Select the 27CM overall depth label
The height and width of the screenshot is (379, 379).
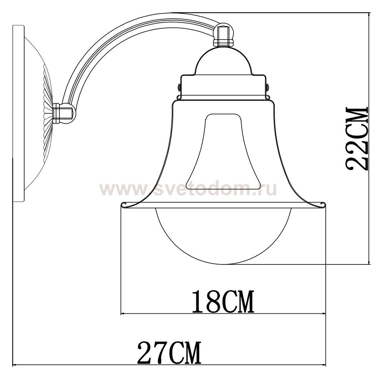coord(169,352)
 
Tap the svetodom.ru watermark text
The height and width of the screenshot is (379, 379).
coord(188,189)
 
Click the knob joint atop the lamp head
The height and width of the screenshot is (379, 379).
coord(224,34)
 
